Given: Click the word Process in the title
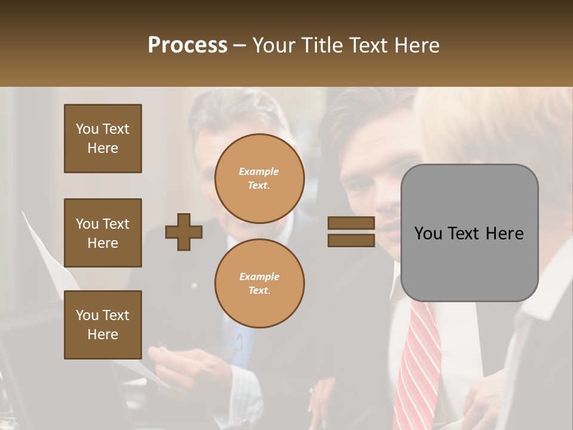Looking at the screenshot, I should (187, 45).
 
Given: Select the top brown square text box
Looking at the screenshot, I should (103, 139).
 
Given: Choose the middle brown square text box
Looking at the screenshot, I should (103, 233).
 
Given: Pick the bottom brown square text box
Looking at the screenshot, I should (103, 325).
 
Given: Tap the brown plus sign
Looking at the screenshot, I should (184, 232).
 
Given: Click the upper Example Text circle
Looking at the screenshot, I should (259, 179).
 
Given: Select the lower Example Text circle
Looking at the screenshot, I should (259, 283).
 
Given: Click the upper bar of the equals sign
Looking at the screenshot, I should (351, 223).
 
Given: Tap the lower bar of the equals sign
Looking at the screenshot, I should (351, 240).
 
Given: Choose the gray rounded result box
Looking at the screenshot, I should (469, 232).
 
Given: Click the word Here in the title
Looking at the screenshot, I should (418, 45).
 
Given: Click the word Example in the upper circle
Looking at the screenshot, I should (259, 172).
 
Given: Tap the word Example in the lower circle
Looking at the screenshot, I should (259, 277).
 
